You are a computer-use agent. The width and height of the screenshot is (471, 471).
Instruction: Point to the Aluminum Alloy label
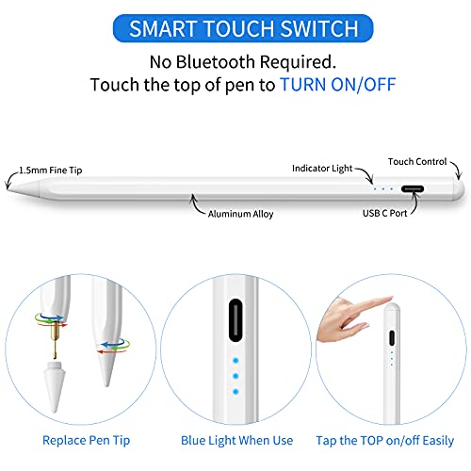coord(241,214)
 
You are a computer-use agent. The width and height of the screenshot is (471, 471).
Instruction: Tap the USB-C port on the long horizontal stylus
coord(414,188)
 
